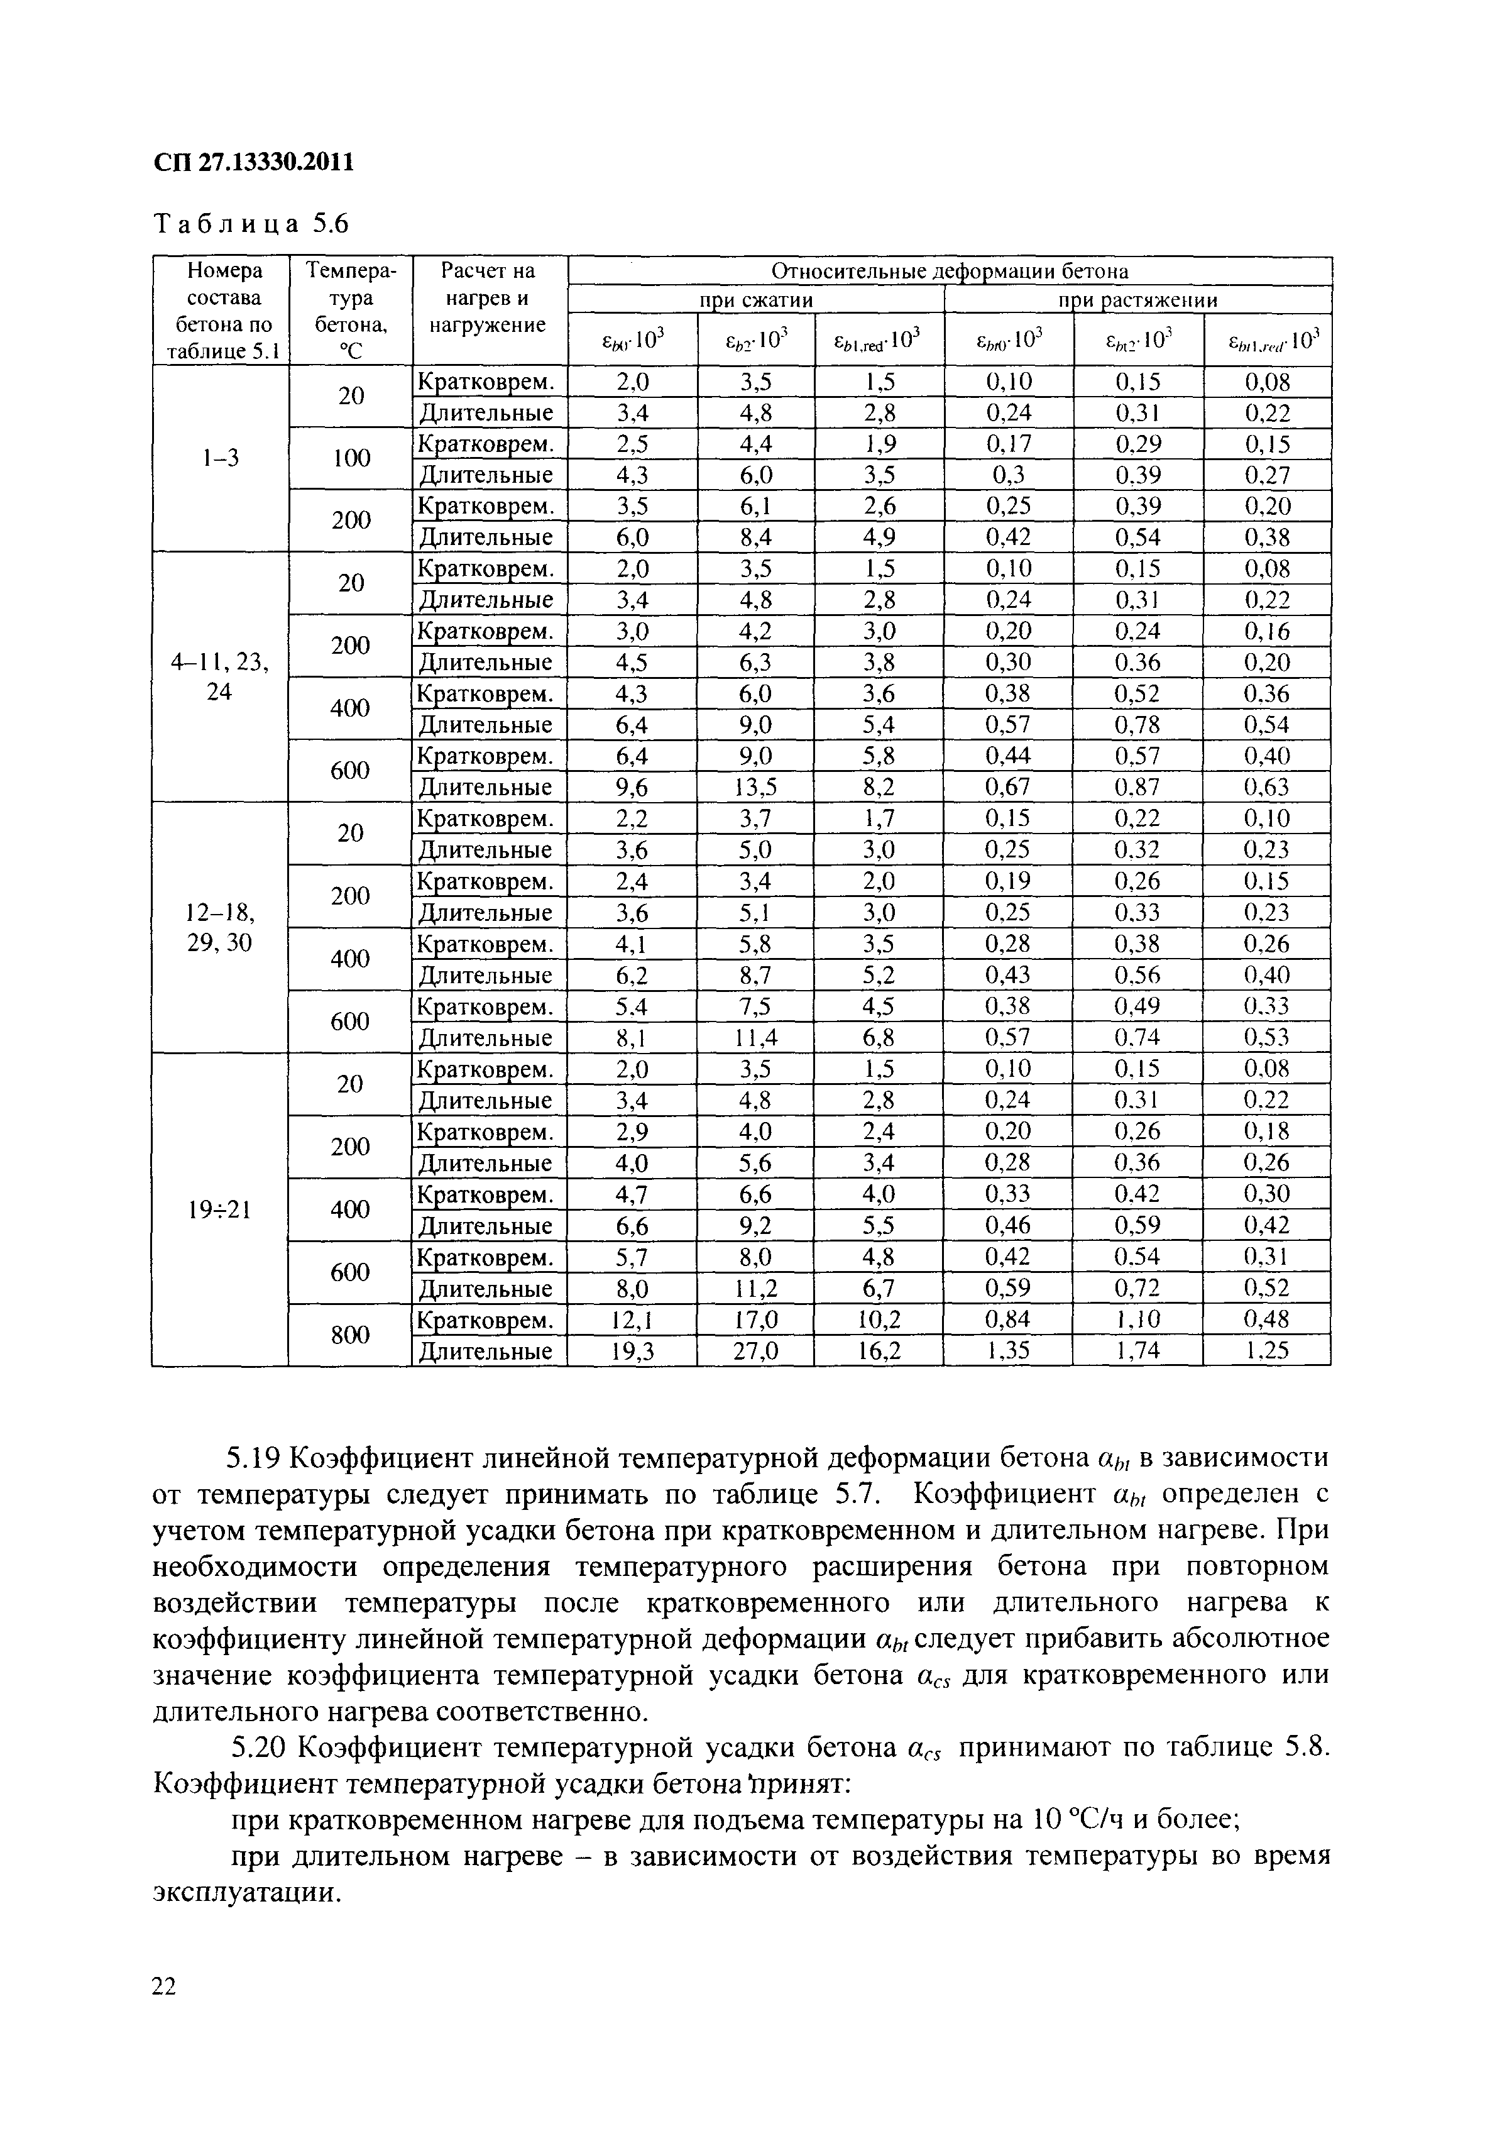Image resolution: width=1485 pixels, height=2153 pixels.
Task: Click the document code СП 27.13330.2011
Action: (x=253, y=163)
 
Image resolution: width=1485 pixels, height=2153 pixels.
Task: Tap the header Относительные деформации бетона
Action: (x=949, y=271)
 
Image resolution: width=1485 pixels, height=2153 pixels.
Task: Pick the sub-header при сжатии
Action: (x=755, y=300)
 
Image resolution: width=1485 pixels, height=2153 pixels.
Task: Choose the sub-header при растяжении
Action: (x=1137, y=300)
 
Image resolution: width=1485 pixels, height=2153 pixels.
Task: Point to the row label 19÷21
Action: (x=219, y=1209)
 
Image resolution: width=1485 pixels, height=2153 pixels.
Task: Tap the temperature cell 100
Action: (x=351, y=458)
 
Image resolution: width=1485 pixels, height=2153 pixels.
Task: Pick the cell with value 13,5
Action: (x=755, y=787)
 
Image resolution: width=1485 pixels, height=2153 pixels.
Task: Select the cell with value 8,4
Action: (x=755, y=537)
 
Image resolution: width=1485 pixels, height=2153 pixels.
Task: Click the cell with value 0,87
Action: (x=1137, y=787)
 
